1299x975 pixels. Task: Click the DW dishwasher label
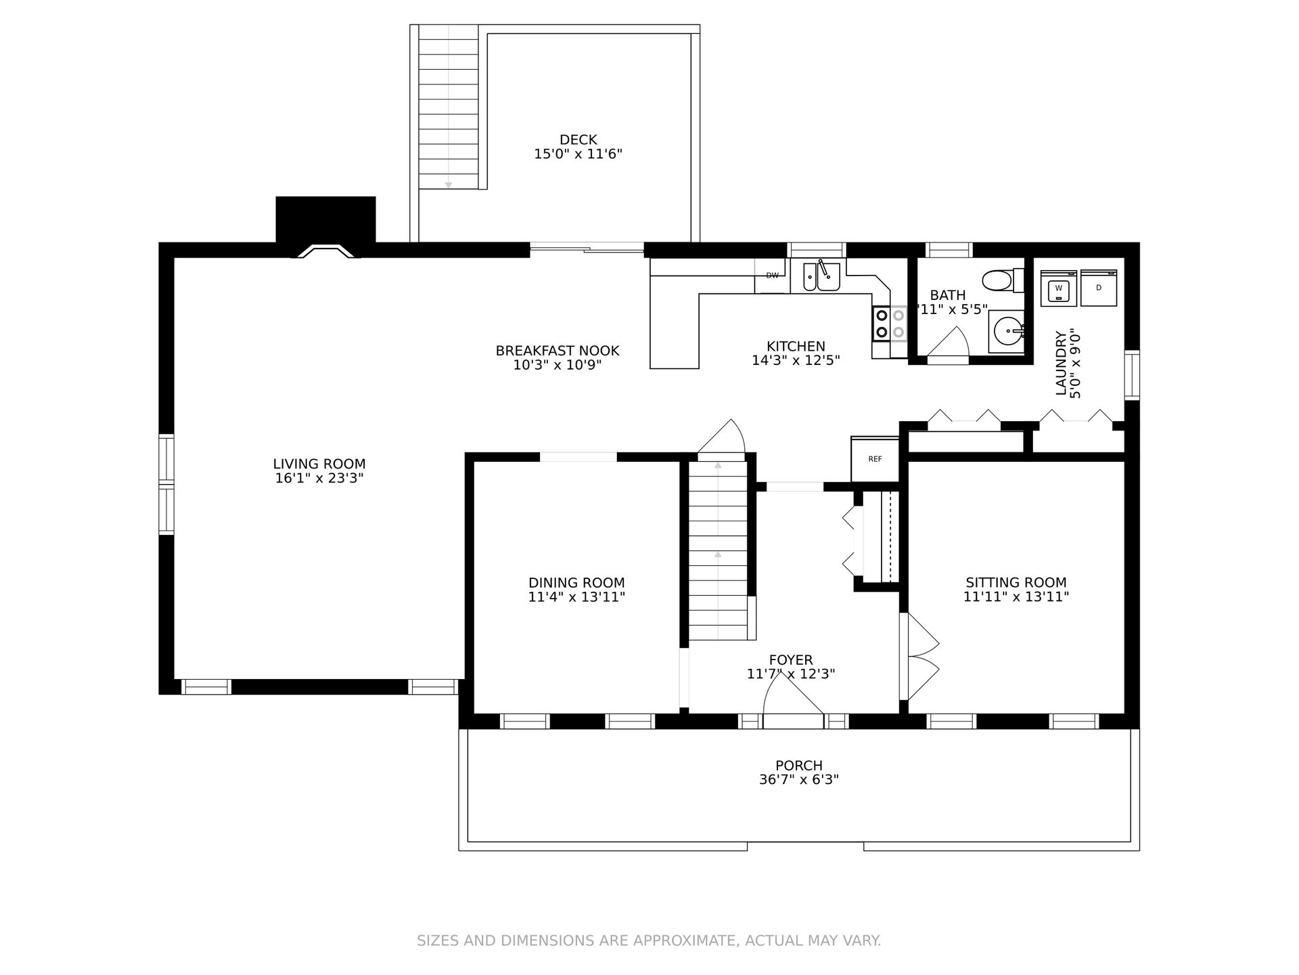pyautogui.click(x=772, y=275)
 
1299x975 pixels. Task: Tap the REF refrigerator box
pyautogui.click(x=875, y=458)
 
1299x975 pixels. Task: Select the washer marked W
pyautogui.click(x=1059, y=288)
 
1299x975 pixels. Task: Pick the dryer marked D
pyautogui.click(x=1099, y=288)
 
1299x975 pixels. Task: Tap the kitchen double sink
pyautogui.click(x=821, y=276)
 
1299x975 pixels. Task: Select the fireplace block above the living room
pyautogui.click(x=325, y=220)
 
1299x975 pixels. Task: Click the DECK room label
pyautogui.click(x=578, y=139)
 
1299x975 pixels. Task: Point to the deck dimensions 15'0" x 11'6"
pyautogui.click(x=578, y=154)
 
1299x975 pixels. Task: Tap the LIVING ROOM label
pyautogui.click(x=319, y=464)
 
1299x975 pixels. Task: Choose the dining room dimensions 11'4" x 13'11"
pyautogui.click(x=576, y=597)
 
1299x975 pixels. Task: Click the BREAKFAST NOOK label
pyautogui.click(x=557, y=351)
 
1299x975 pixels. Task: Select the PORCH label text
pyautogui.click(x=799, y=766)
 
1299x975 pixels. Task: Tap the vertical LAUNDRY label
pyautogui.click(x=1060, y=363)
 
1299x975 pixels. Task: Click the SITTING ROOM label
pyautogui.click(x=1016, y=582)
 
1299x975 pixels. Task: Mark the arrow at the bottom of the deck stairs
pyautogui.click(x=448, y=185)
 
